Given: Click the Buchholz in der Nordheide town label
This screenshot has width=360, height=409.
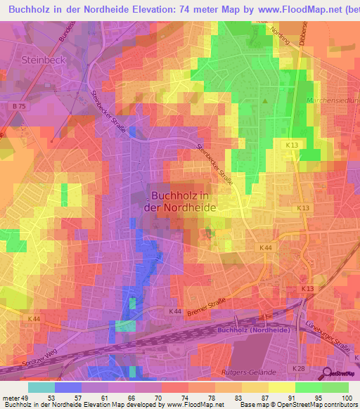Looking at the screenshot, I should coord(180,202).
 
